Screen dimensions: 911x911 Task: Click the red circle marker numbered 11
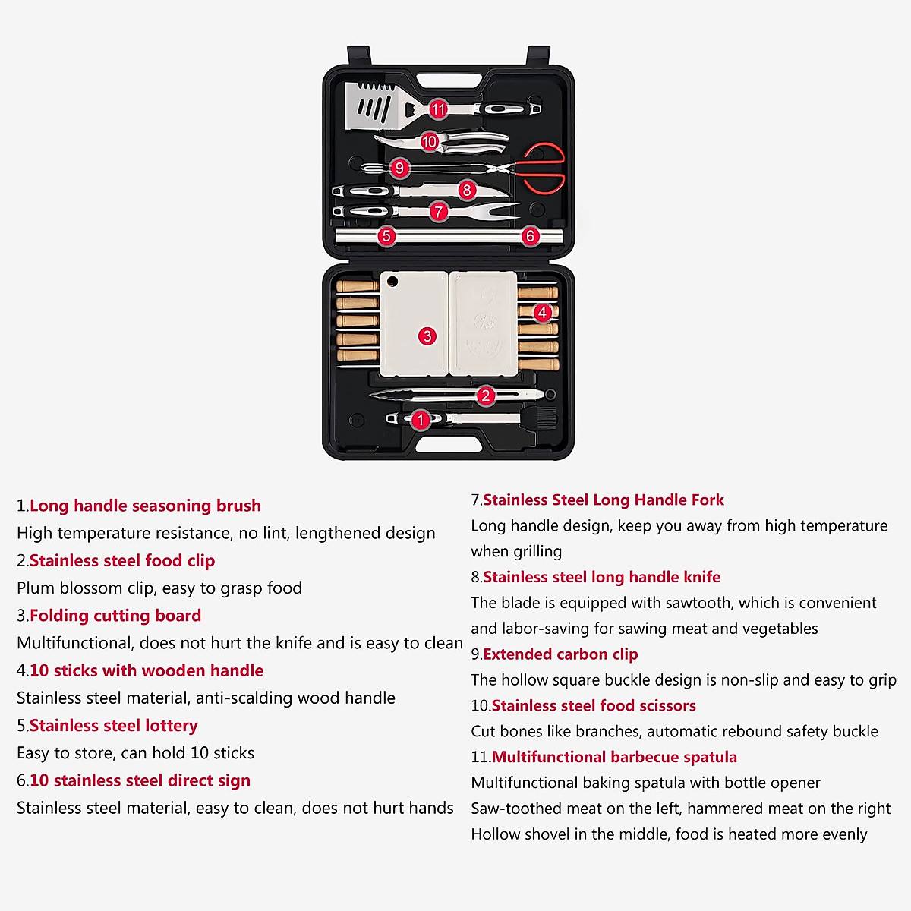438,109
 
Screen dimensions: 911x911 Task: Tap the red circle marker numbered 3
427,336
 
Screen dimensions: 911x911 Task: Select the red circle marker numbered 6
530,236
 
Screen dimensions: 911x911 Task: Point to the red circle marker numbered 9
399,168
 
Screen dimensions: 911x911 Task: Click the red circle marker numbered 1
421,420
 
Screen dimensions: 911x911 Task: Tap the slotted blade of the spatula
370,107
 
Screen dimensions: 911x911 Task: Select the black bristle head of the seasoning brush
545,419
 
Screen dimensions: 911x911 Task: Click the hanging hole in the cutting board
392,282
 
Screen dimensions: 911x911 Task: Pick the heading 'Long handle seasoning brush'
145,506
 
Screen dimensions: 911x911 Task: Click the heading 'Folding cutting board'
115,616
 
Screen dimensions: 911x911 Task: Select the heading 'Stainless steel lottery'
113,726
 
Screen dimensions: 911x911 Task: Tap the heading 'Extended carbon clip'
560,654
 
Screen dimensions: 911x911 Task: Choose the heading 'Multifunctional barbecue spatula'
614,757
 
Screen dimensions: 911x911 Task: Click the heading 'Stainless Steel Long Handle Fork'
603,500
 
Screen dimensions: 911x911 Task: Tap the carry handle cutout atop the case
448,80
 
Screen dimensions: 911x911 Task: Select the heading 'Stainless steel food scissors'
593,706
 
